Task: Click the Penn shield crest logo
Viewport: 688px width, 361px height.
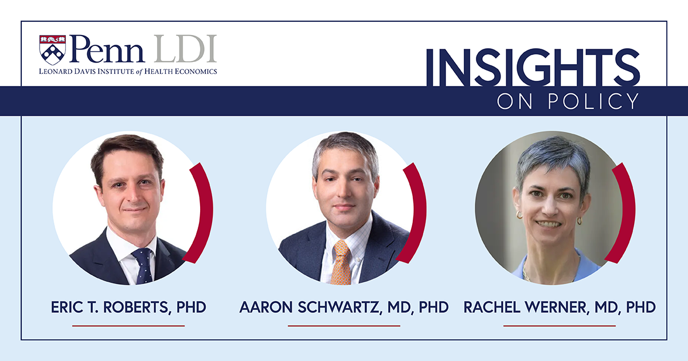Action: pyautogui.click(x=53, y=50)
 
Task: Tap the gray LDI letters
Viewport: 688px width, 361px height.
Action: pyautogui.click(x=185, y=49)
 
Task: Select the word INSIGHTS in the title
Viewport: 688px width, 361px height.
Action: pyautogui.click(x=533, y=68)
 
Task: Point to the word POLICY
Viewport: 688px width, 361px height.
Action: pyautogui.click(x=593, y=101)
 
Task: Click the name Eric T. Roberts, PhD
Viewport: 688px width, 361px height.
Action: pyautogui.click(x=128, y=307)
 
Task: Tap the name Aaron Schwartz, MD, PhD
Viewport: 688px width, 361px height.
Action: pyautogui.click(x=344, y=307)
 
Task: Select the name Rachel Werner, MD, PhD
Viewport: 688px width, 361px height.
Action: pyautogui.click(x=560, y=307)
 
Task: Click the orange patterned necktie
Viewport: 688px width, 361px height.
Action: pyautogui.click(x=342, y=263)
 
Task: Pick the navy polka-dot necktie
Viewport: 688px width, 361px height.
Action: pyautogui.click(x=143, y=266)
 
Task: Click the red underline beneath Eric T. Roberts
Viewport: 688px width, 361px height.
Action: pyautogui.click(x=128, y=325)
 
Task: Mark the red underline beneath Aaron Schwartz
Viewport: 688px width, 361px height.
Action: pyautogui.click(x=344, y=325)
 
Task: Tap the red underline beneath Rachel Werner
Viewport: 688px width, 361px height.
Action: pyautogui.click(x=560, y=325)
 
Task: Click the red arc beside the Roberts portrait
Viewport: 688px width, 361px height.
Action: pyautogui.click(x=206, y=212)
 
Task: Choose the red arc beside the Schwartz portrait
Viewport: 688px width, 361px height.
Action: pyautogui.click(x=420, y=212)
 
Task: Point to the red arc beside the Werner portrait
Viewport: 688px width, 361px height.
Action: pyautogui.click(x=629, y=212)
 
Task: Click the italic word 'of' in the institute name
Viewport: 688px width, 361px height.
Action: pyautogui.click(x=139, y=72)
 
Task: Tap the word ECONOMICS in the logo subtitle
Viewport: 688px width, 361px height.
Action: pyautogui.click(x=196, y=72)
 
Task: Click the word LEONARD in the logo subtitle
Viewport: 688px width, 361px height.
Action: pyautogui.click(x=54, y=72)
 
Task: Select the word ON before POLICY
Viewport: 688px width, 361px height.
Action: pyautogui.click(x=515, y=101)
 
